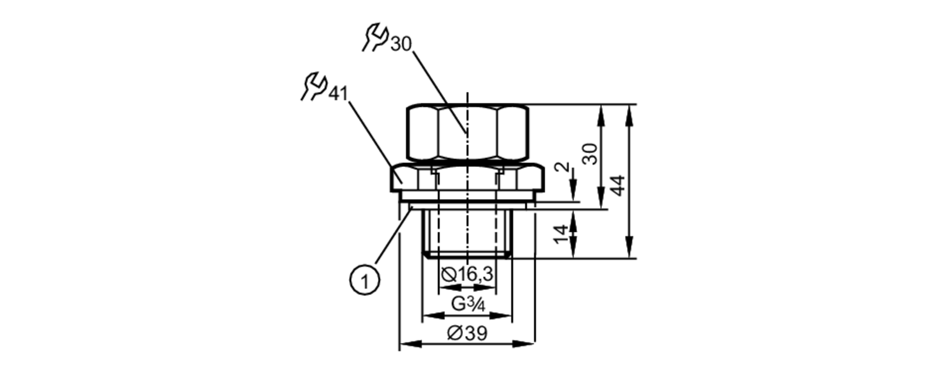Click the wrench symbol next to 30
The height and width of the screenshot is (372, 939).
(x=375, y=38)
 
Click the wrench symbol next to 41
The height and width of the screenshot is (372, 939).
(x=314, y=86)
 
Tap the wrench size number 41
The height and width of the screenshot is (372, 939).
(x=338, y=94)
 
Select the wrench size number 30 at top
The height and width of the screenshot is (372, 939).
(x=400, y=44)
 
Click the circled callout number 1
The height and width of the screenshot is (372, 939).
(x=365, y=281)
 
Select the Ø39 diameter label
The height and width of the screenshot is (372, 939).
(x=467, y=333)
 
